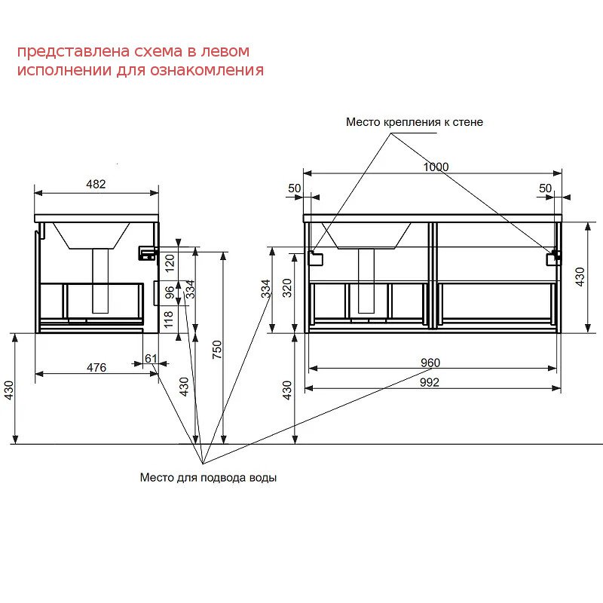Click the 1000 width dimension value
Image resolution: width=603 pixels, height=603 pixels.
[436, 167]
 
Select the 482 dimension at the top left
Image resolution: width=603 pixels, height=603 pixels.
[96, 184]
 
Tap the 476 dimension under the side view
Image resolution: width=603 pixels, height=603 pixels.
[96, 368]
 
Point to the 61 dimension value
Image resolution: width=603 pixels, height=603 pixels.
[152, 359]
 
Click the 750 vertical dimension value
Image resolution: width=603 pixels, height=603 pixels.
[217, 350]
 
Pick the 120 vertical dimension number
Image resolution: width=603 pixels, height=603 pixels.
[170, 263]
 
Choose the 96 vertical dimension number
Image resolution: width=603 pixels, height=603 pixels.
[170, 292]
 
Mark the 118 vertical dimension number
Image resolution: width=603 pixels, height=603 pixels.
[169, 319]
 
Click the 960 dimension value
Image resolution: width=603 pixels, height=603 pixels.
[430, 363]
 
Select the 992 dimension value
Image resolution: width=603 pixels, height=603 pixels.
[429, 382]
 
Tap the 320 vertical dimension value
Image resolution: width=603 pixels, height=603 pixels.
[287, 288]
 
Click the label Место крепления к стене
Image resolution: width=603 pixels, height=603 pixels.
[414, 122]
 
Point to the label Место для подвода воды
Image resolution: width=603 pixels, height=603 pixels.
[209, 478]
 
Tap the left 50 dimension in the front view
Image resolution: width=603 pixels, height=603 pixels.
[294, 188]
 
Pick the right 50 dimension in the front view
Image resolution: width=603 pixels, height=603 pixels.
[545, 188]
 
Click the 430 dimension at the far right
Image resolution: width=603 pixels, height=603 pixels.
[580, 277]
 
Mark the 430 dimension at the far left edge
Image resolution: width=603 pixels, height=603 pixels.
[8, 390]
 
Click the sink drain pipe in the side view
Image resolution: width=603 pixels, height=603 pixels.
[100, 280]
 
